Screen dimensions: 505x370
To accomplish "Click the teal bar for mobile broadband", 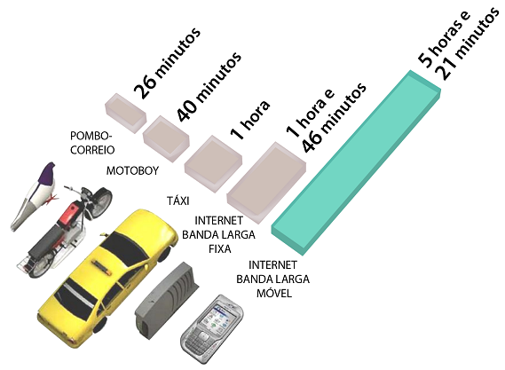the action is [x=356, y=162].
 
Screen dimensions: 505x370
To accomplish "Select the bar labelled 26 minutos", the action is [x=126, y=114].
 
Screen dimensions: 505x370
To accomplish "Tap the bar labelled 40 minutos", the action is [x=166, y=138].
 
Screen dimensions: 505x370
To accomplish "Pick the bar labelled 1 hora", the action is [x=213, y=164].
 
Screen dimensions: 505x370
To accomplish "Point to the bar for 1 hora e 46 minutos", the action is [x=266, y=183].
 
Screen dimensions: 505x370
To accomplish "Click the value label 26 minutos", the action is [x=167, y=63].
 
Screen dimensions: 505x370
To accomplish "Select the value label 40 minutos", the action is [x=209, y=86].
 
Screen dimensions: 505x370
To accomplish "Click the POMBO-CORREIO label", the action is [x=92, y=143].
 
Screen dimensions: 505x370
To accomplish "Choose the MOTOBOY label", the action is [x=133, y=170].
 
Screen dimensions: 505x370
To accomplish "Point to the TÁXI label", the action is [x=178, y=201].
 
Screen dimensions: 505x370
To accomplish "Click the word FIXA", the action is [x=219, y=249].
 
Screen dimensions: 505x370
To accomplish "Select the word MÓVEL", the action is [x=274, y=293].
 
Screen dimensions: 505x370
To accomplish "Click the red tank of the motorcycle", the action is [x=68, y=215].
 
